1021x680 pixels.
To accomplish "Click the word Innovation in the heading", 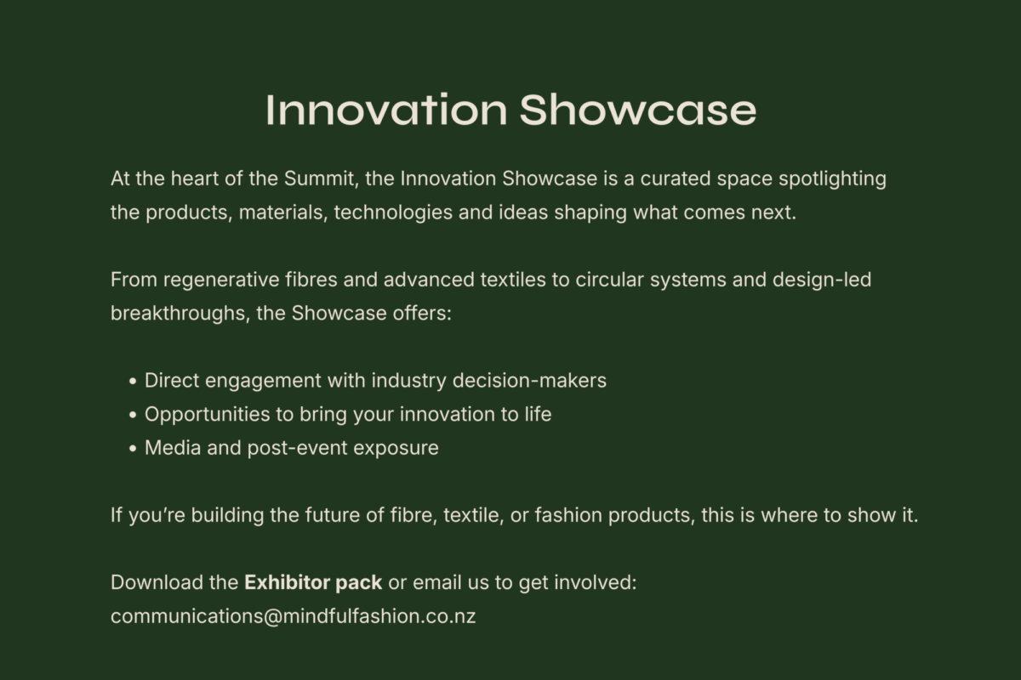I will tap(386, 110).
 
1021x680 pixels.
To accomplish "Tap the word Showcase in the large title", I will tap(637, 110).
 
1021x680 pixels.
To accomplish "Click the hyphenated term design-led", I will tap(822, 280).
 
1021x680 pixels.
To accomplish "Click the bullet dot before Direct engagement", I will tap(133, 382).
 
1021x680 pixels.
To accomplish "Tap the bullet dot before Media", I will tap(133, 449).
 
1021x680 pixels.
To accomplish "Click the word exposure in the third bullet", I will tap(398, 448).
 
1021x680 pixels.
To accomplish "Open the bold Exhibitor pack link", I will tap(313, 583).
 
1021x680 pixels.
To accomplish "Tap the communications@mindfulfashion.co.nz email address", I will tap(293, 616).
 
